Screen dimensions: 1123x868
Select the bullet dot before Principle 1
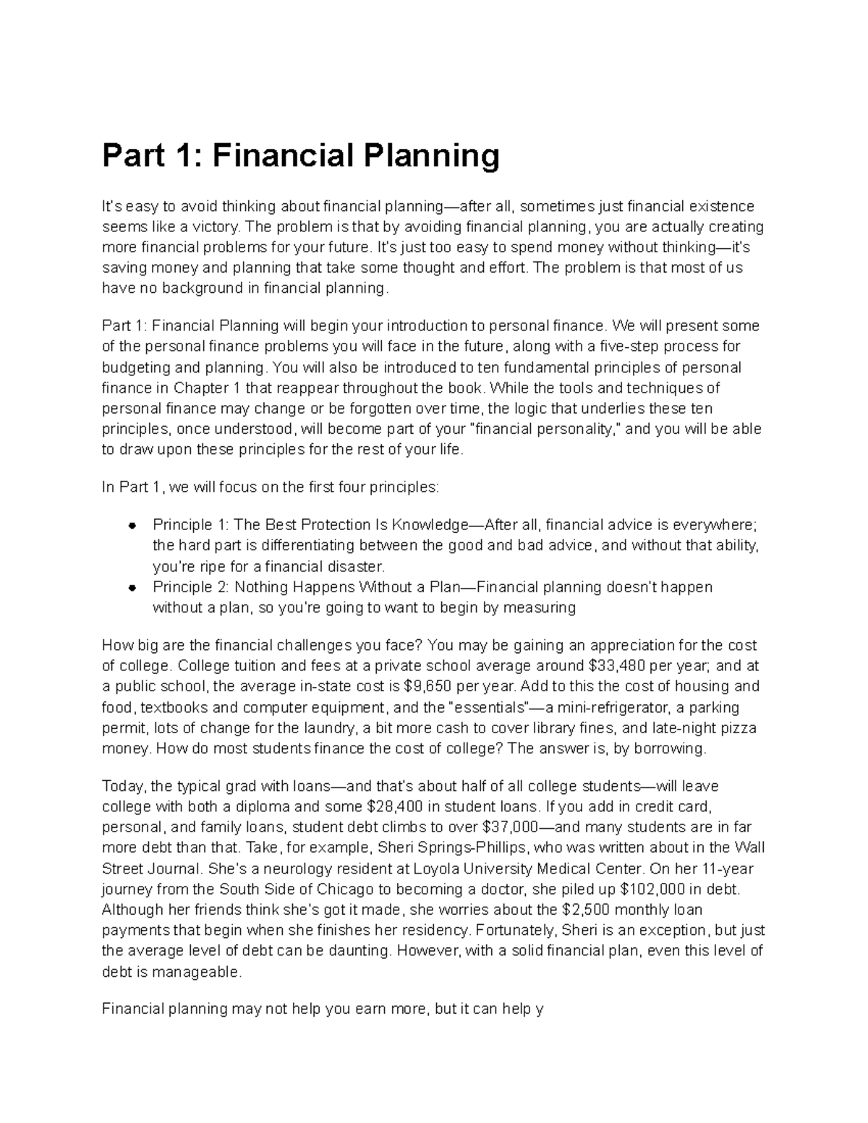coord(132,525)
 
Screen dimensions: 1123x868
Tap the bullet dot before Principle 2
coord(132,587)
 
